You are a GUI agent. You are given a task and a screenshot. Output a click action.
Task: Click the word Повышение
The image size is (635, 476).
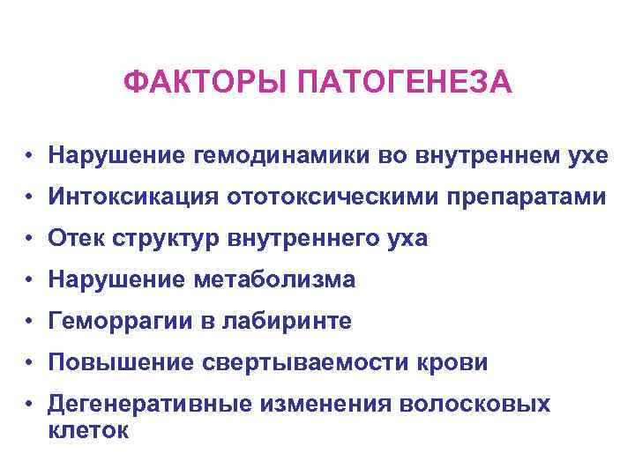point(113,363)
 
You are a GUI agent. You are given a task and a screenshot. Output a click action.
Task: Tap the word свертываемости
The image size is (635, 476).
point(295,363)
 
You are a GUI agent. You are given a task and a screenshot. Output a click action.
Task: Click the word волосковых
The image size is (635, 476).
point(476,405)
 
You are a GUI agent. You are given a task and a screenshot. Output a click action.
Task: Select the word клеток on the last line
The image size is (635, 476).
point(90,432)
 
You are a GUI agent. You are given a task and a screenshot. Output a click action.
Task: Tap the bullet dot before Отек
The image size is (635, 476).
point(29,240)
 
